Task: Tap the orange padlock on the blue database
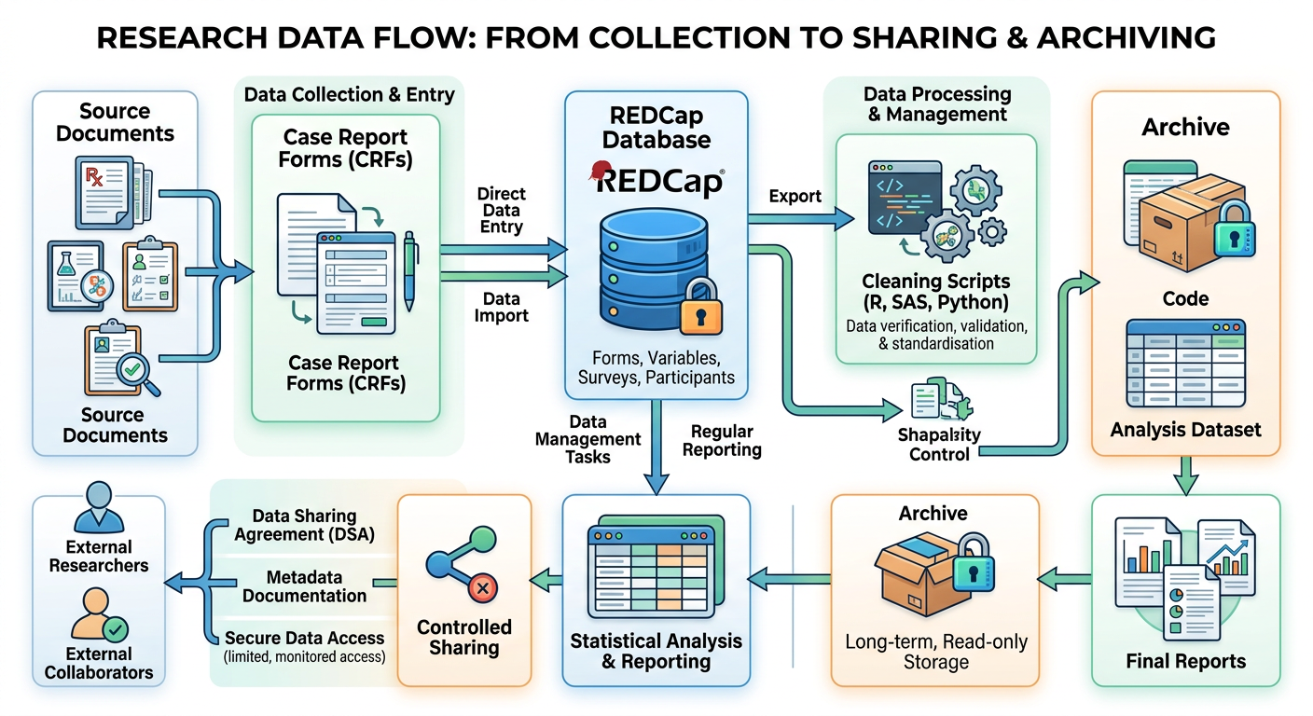click(700, 307)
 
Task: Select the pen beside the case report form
click(409, 271)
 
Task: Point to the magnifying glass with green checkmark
click(137, 374)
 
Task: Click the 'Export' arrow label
click(795, 197)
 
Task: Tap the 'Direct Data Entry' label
click(501, 211)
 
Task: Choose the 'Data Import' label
click(501, 307)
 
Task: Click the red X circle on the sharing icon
click(482, 587)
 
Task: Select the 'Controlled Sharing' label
click(464, 638)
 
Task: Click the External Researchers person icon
click(99, 506)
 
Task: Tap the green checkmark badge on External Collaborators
click(116, 630)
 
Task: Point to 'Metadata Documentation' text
click(304, 586)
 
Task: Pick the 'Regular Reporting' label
click(722, 441)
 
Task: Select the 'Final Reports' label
click(1186, 661)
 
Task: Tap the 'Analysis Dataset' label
click(1185, 430)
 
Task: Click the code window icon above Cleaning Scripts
click(905, 198)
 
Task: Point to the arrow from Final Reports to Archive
click(1064, 580)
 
